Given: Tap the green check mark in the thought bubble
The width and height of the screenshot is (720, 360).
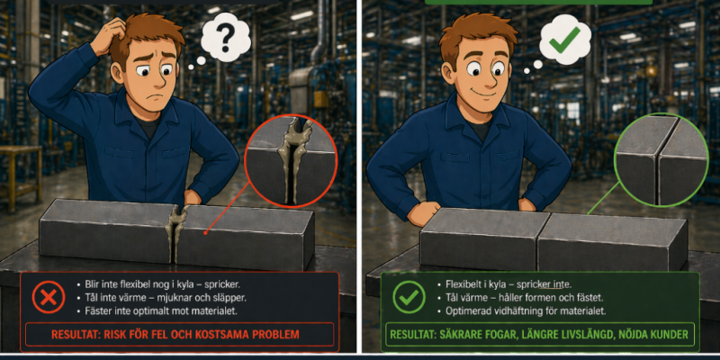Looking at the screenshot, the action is [x=565, y=40].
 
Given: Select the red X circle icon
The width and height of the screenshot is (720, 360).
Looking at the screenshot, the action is [x=49, y=297].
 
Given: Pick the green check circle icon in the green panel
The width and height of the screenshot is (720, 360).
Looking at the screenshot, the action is [x=409, y=297].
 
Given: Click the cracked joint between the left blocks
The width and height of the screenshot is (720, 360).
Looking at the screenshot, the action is [x=177, y=232].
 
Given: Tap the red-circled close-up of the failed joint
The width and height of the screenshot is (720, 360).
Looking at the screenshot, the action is [x=291, y=160].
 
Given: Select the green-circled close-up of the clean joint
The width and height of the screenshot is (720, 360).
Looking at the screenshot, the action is [x=661, y=160].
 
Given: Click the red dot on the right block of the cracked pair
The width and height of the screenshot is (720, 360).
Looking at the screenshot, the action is [x=206, y=232].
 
